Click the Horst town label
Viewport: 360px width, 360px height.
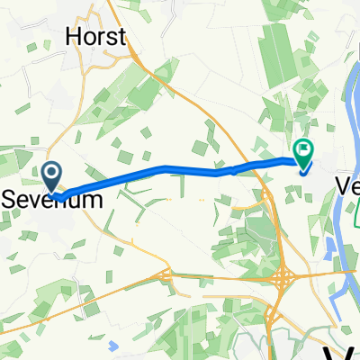point(96,36)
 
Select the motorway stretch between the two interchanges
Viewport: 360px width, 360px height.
point(225,275)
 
